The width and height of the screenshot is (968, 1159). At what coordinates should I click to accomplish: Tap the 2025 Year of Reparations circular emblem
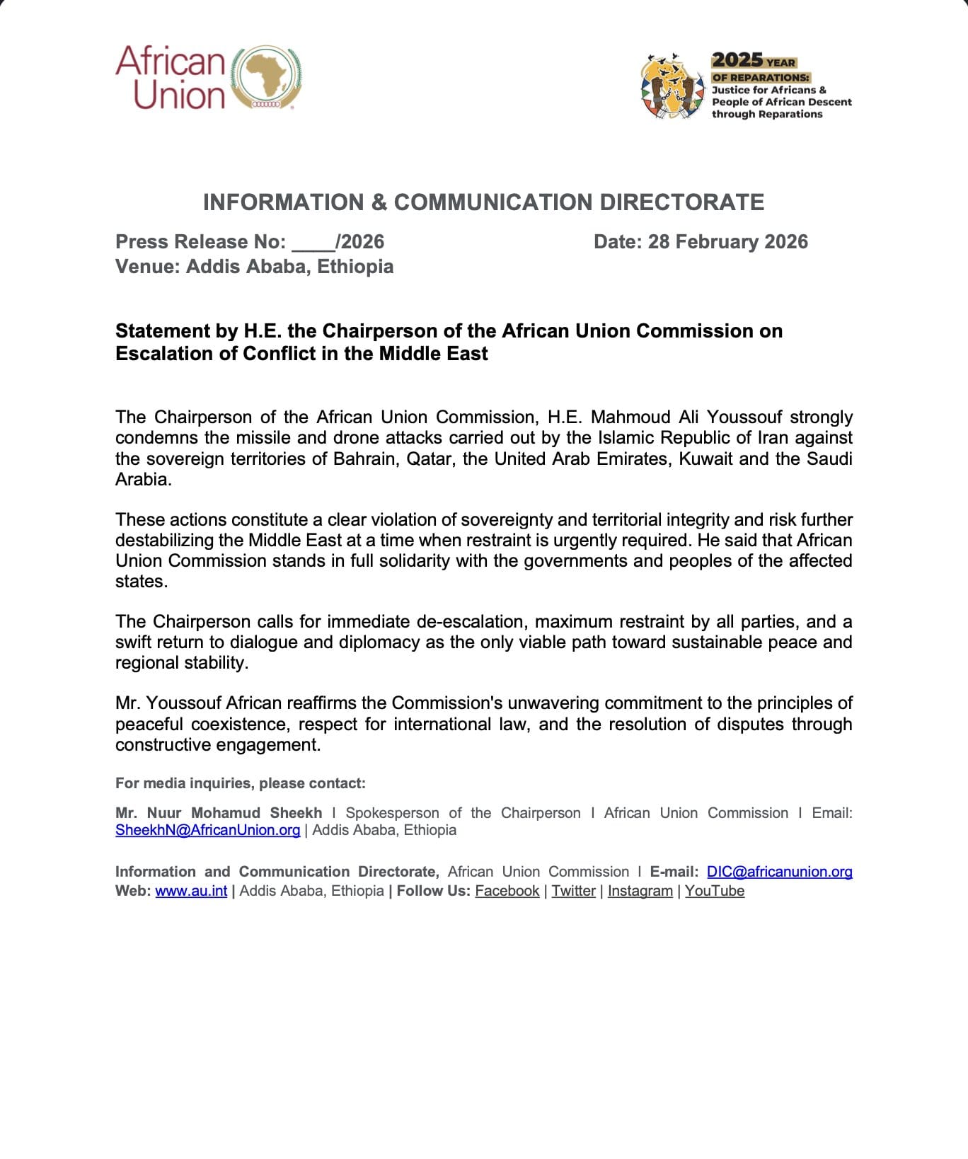[x=673, y=86]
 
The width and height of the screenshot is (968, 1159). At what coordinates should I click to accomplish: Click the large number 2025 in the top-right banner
[x=737, y=60]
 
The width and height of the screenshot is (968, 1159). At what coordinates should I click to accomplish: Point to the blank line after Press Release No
[x=313, y=243]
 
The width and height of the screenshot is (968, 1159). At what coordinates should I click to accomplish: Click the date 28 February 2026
[x=727, y=242]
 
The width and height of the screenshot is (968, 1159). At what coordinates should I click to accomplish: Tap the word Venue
[x=145, y=267]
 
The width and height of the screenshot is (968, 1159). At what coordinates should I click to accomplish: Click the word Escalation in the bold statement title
[x=164, y=354]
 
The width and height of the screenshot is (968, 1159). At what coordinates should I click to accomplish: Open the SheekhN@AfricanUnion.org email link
[x=207, y=831]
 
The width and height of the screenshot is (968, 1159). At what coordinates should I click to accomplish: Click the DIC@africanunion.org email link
[x=779, y=872]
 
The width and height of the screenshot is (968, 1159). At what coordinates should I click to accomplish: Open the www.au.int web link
[x=191, y=892]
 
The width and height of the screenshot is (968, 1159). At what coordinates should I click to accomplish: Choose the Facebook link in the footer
[x=507, y=892]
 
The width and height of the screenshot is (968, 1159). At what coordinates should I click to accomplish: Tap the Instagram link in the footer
[x=640, y=892]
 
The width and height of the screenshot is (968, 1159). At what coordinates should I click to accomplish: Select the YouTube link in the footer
[x=714, y=892]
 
